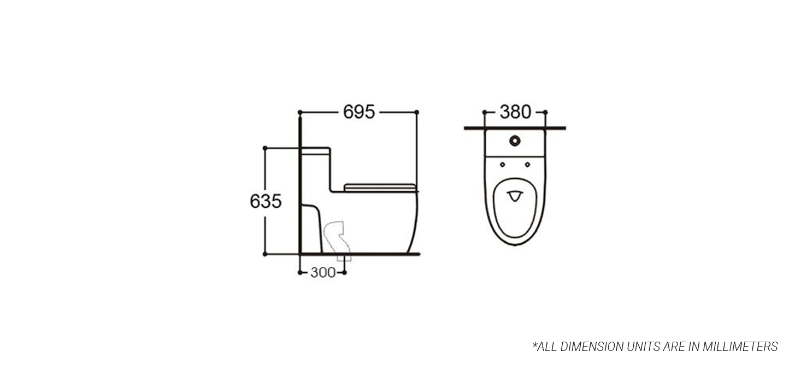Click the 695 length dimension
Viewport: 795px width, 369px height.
coord(359,112)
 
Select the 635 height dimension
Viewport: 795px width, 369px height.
coord(266,201)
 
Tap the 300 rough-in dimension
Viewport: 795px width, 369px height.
coord(322,272)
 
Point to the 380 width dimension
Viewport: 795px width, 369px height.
coord(515,112)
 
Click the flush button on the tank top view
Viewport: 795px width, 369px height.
coord(515,140)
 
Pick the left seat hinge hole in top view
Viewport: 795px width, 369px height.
coord(503,165)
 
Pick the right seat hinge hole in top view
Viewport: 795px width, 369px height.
coord(527,165)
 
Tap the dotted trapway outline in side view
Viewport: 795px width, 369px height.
coord(337,241)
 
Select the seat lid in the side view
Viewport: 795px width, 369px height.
coord(379,187)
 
